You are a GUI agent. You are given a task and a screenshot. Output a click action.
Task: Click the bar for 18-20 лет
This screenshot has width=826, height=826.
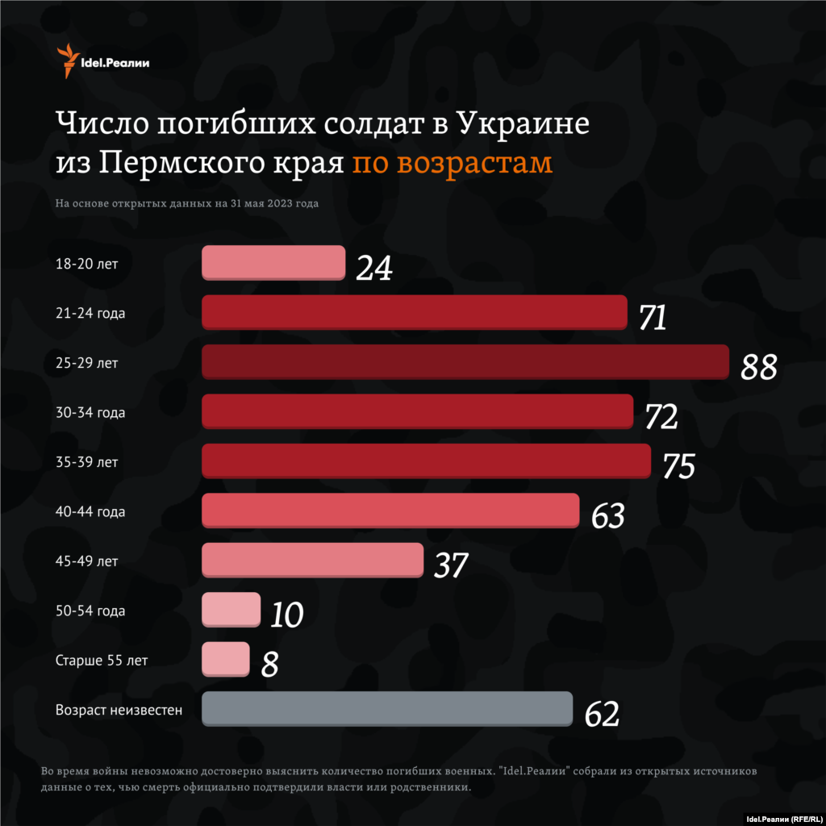pos(273,262)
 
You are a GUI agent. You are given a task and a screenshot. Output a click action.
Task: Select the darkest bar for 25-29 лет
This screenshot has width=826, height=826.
pos(465,362)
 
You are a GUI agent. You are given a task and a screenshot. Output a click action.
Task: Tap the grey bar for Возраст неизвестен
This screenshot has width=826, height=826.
pos(387,708)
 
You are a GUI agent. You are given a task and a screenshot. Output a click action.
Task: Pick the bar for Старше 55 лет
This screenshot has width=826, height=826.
pos(226,658)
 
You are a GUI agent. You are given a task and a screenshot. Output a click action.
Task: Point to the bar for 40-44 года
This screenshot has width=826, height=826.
pos(390,510)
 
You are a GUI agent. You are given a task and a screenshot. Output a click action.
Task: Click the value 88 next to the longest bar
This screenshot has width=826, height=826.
pos(759,367)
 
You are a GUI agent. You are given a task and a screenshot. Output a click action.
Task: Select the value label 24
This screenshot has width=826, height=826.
pos(374,269)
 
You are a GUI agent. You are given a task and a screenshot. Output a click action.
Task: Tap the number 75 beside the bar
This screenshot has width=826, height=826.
pos(679,466)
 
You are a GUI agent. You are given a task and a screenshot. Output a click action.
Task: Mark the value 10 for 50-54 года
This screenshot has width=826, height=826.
pos(286,615)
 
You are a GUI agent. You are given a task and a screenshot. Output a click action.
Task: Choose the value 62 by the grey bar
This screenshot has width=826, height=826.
pos(602,714)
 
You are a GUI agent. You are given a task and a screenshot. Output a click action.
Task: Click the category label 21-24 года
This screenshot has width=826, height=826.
pos(90,313)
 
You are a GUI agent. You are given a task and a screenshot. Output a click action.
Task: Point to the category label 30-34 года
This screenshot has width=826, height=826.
pos(90,412)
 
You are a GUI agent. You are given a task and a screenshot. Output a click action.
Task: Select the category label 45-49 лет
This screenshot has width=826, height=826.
pos(87,561)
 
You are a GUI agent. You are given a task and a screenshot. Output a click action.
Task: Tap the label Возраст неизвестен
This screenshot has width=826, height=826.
pos(119,710)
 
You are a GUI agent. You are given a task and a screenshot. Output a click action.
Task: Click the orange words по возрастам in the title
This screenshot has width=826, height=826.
pos(453,162)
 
